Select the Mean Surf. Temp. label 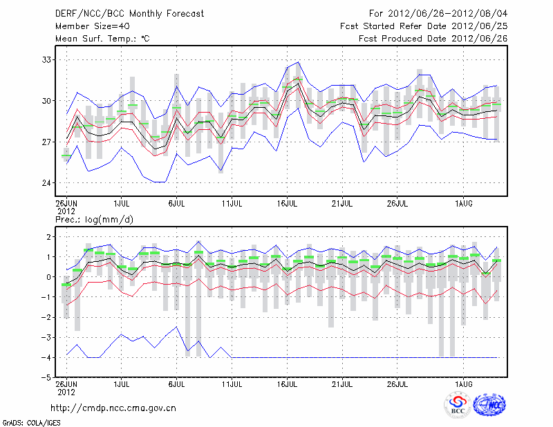pos(102,39)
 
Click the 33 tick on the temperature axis pos(47,60)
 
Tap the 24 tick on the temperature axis pos(47,183)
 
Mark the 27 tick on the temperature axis pos(47,142)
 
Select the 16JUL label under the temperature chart pos(288,204)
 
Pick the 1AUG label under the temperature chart pos(462,204)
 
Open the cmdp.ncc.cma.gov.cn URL pos(113,408)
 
